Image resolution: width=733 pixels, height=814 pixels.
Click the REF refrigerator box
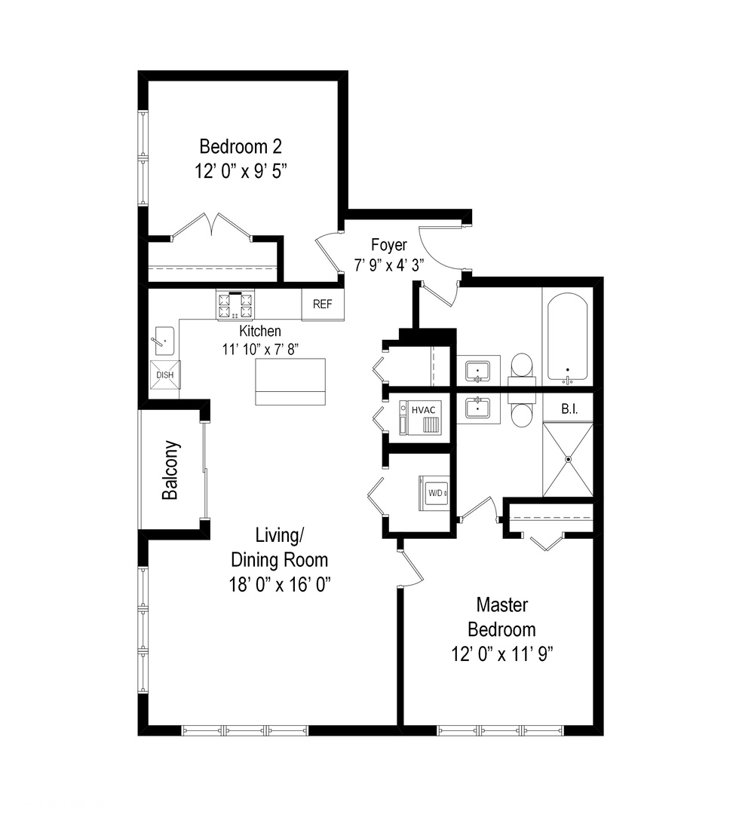323,304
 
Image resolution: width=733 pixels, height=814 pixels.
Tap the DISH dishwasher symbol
164,375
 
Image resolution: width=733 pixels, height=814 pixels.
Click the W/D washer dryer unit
435,494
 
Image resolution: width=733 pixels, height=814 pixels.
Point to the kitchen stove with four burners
235,305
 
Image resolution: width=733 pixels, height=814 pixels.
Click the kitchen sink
163,341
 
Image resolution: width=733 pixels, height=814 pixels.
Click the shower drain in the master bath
569,458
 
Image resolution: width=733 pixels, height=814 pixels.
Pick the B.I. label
569,410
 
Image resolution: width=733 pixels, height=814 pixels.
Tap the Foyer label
389,245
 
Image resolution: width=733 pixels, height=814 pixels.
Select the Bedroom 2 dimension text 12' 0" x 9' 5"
241,171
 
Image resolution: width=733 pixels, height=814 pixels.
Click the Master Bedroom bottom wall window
501,730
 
